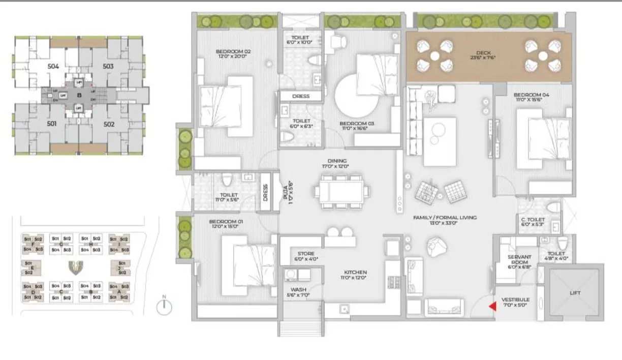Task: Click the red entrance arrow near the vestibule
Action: pyautogui.click(x=492, y=307)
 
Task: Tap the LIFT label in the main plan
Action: pyautogui.click(x=575, y=293)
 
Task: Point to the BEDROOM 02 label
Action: pyautogui.click(x=233, y=51)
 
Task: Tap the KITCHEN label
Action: pyautogui.click(x=354, y=272)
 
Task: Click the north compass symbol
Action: pyautogui.click(x=164, y=306)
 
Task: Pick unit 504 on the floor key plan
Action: pyautogui.click(x=53, y=66)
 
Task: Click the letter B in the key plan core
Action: pyautogui.click(x=79, y=95)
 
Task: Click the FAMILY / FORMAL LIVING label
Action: pyautogui.click(x=445, y=218)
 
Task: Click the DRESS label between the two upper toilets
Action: pyautogui.click(x=301, y=96)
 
